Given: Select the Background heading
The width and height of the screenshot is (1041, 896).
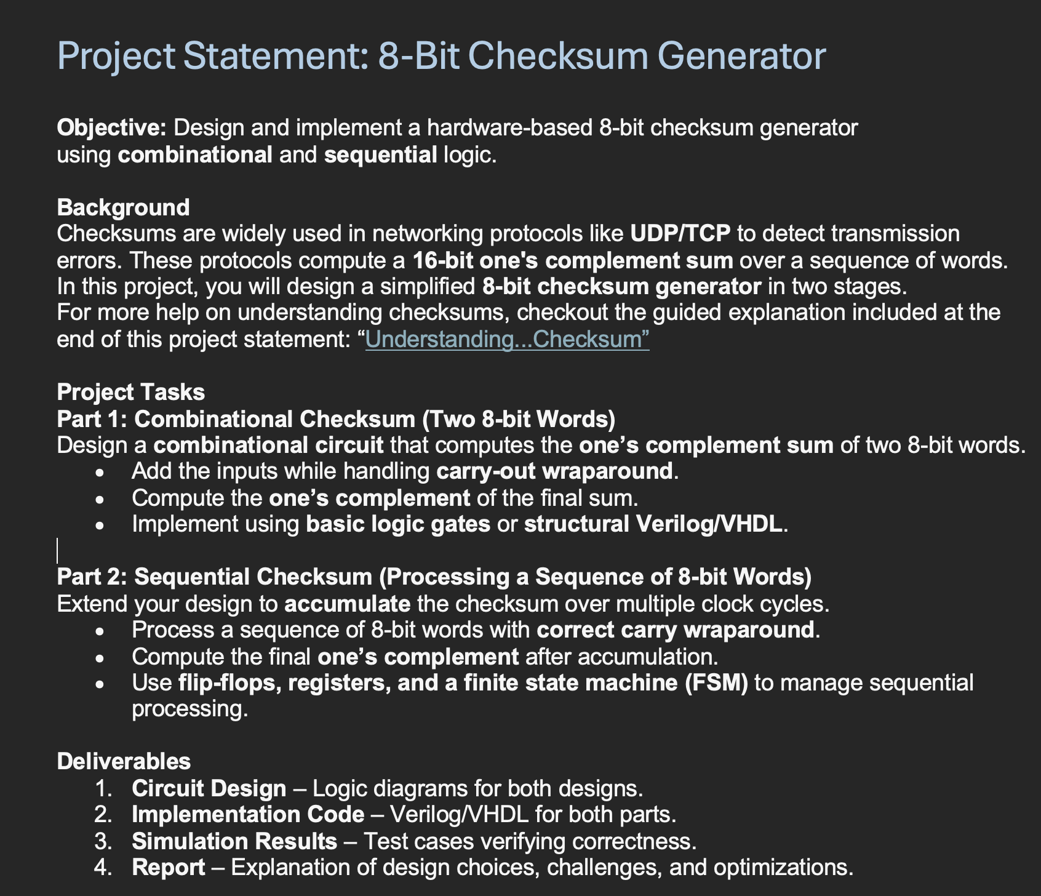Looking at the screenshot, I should (x=123, y=207).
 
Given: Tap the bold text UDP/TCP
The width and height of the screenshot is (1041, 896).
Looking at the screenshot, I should (x=680, y=234).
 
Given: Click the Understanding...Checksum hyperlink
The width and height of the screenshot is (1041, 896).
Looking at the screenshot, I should (x=507, y=340).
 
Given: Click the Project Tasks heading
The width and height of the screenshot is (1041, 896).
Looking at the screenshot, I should (x=130, y=392).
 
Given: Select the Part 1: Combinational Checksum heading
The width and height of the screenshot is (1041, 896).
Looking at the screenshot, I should (x=336, y=419).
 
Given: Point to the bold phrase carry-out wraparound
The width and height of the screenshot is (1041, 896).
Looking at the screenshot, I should (x=554, y=471).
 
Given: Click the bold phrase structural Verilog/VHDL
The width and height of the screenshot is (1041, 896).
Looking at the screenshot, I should (x=654, y=524).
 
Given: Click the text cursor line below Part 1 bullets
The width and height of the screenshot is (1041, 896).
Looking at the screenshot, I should (x=58, y=551).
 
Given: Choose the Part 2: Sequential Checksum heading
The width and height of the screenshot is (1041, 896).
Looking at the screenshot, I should (x=434, y=577).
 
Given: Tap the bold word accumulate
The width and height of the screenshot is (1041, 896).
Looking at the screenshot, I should (x=347, y=604).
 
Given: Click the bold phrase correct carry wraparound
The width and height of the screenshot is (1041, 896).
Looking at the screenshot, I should (x=675, y=630).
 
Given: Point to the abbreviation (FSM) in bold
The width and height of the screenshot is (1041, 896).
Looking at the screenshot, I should (x=716, y=683).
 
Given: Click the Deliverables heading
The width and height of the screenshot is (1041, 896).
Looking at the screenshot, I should (x=124, y=762).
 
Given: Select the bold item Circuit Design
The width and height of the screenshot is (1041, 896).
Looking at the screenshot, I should (x=209, y=788).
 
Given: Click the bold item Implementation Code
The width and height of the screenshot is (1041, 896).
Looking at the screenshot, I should (x=247, y=815).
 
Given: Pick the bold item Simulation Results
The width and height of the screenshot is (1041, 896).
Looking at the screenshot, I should (x=234, y=841).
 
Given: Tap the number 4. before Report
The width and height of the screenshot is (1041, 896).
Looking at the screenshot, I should (x=103, y=868).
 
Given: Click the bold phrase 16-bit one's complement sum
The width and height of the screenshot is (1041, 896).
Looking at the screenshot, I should (x=572, y=260).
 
